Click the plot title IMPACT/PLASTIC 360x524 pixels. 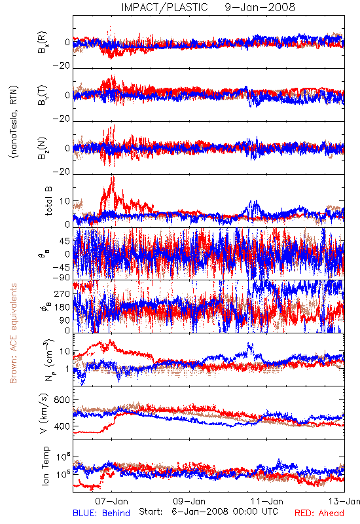(x=164, y=7)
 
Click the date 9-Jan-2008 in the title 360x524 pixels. (x=260, y=7)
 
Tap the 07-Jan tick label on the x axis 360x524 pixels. (x=111, y=501)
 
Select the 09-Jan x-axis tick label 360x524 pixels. (x=189, y=501)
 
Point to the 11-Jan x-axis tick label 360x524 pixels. (x=267, y=501)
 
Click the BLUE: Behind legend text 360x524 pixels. (x=101, y=513)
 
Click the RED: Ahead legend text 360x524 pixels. (x=319, y=513)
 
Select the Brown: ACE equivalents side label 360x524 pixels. (x=13, y=333)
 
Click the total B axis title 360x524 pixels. (x=48, y=201)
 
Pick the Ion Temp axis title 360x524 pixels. (x=45, y=466)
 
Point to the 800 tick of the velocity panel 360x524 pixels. (x=62, y=400)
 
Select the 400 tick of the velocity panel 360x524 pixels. (x=62, y=426)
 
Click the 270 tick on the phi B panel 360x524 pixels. (x=62, y=293)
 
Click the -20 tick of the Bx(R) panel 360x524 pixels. (x=62, y=66)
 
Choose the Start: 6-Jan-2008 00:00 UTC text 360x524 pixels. (x=208, y=512)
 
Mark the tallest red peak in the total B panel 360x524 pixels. (x=113, y=177)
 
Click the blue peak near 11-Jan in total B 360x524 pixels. (x=255, y=202)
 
